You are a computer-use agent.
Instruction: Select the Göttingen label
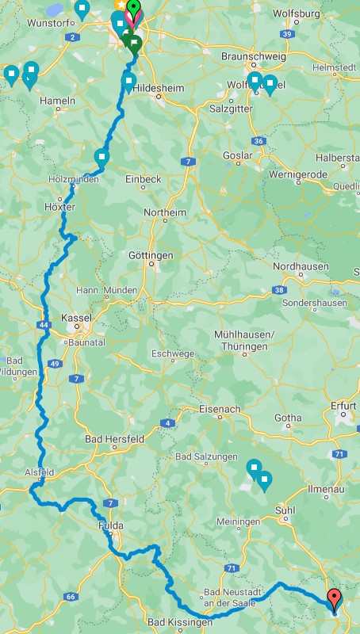150,255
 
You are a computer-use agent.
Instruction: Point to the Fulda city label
110,525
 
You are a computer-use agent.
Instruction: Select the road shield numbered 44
43,325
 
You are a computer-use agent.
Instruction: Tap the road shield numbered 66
71,596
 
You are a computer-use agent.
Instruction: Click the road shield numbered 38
280,291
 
